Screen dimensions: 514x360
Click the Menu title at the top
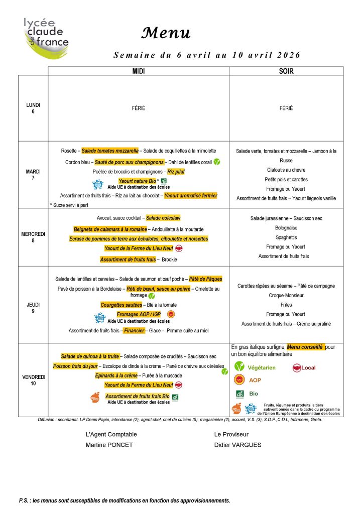(166, 33)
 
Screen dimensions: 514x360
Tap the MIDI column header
(139, 71)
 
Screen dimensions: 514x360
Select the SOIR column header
(286, 71)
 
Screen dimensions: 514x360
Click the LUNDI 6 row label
(33, 108)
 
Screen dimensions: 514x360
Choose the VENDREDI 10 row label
(33, 380)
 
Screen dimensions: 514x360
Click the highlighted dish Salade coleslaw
(163, 218)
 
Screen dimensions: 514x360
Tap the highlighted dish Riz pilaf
(177, 172)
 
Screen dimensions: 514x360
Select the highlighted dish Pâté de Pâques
(205, 279)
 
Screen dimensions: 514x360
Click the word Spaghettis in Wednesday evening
(286, 237)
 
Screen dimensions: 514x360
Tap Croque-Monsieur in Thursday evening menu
(286, 295)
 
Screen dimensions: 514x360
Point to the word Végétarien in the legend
(262, 368)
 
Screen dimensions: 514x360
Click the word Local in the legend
(308, 368)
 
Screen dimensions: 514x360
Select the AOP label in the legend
(255, 380)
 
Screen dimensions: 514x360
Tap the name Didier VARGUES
(237, 445)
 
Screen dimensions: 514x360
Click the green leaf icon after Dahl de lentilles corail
(217, 162)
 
